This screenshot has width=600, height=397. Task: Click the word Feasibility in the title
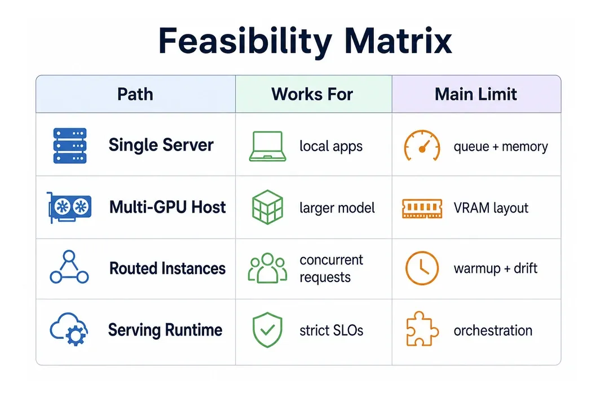[x=245, y=41]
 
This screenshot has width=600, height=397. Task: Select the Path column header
[x=135, y=94]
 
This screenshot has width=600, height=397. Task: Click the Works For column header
[x=312, y=94]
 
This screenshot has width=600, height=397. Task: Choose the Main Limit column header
[x=475, y=94]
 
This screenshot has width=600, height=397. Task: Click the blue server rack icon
[x=70, y=146]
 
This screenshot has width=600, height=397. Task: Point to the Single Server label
[x=161, y=145]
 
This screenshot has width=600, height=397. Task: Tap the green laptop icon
[x=267, y=146]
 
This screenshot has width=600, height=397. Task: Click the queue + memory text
[x=501, y=147]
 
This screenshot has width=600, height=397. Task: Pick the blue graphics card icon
[x=69, y=207]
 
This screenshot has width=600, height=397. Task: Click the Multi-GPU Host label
[x=167, y=207]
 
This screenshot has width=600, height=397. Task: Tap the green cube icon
[x=267, y=207]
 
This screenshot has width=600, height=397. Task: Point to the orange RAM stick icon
[x=422, y=208]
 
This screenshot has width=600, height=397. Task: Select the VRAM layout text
[x=491, y=208]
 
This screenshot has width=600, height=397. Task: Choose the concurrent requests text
[x=331, y=268]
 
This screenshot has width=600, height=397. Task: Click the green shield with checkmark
[x=267, y=330]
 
